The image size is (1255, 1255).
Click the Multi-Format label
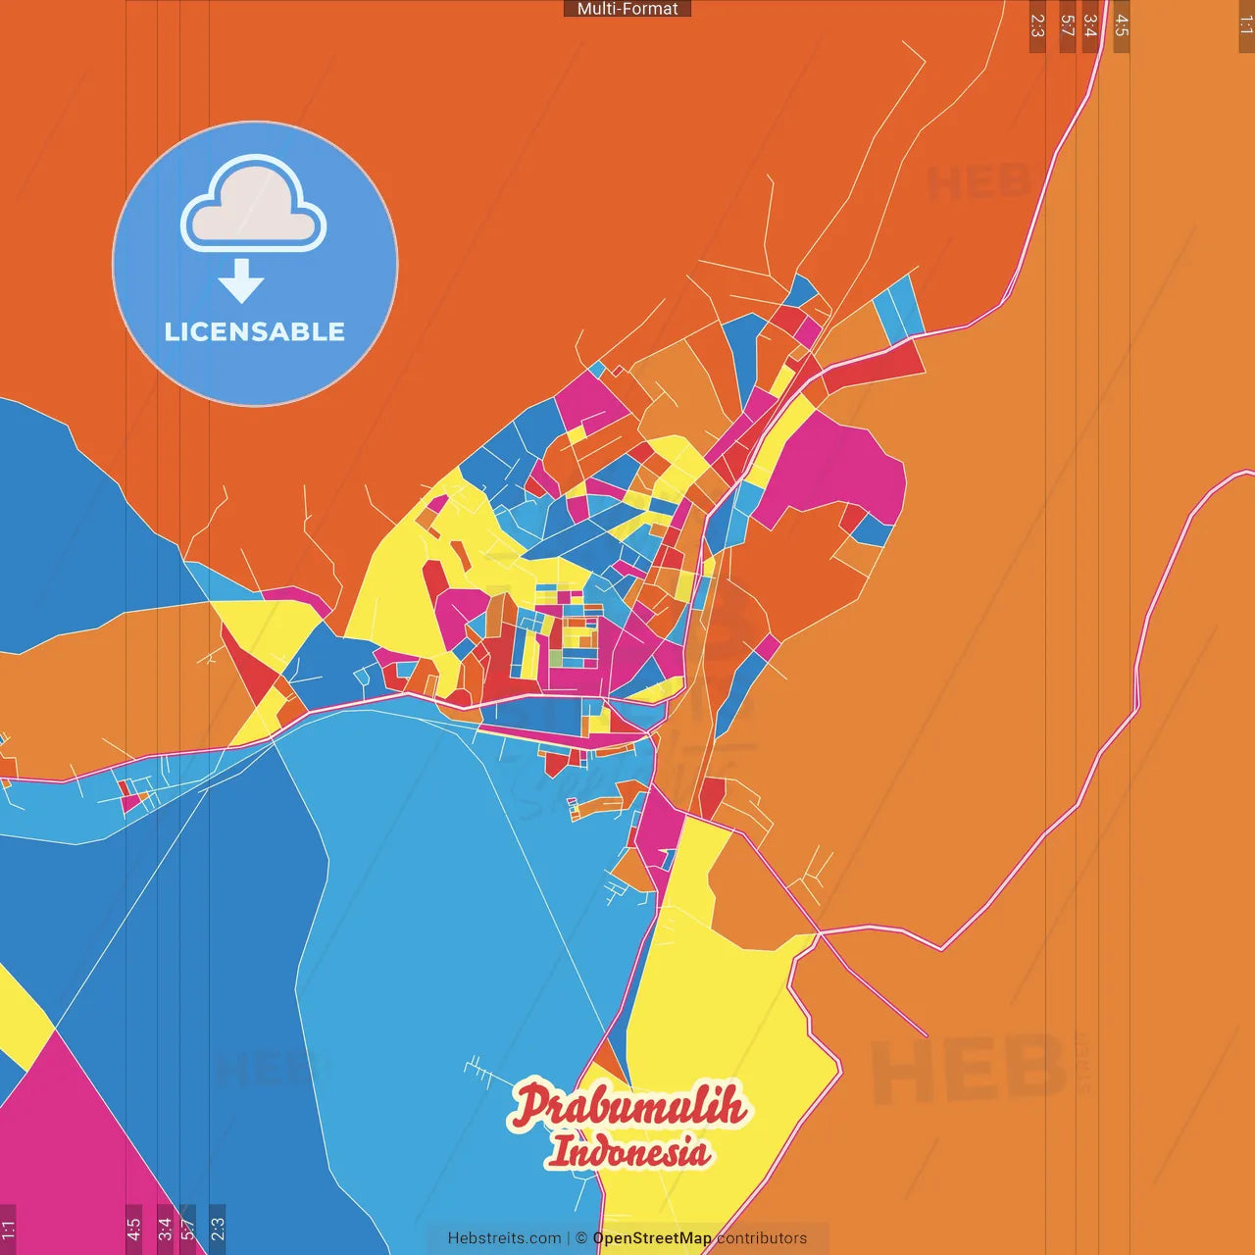click(627, 9)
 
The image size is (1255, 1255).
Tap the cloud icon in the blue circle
click(253, 203)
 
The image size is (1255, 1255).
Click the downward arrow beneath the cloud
click(241, 281)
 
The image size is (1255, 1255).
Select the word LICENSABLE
click(255, 332)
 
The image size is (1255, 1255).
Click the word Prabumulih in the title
click(627, 1106)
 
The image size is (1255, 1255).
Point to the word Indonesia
click(628, 1151)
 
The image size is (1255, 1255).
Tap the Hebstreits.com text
click(504, 1238)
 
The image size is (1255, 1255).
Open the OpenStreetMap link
click(652, 1238)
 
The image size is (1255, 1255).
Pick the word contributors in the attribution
click(762, 1238)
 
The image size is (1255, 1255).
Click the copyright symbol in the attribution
click(581, 1238)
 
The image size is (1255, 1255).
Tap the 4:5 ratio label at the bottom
click(133, 1229)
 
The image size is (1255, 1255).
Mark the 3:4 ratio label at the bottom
click(165, 1229)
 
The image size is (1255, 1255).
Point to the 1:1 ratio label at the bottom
click(8, 1229)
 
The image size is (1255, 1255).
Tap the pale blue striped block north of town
click(899, 307)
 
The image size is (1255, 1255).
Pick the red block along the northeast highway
click(873, 365)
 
